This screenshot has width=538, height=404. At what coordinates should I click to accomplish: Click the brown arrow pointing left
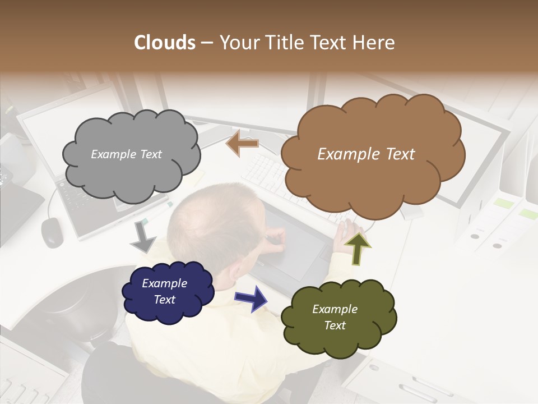pyautogui.click(x=242, y=143)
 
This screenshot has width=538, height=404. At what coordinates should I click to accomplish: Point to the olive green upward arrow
pyautogui.click(x=358, y=248)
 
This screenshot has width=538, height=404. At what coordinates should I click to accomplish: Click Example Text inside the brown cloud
pyautogui.click(x=366, y=154)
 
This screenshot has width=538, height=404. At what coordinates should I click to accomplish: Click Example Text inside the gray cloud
pyautogui.click(x=126, y=154)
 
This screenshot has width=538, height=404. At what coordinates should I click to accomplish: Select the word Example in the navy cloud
pyautogui.click(x=164, y=283)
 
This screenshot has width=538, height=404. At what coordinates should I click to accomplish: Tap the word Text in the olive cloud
pyautogui.click(x=335, y=325)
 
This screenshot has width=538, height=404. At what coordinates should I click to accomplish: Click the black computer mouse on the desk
pyautogui.click(x=52, y=231)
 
